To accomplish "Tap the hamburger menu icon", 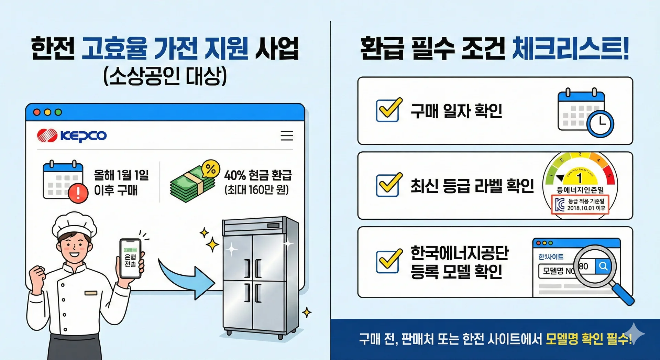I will (287, 135).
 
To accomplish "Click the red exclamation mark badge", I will (78, 193).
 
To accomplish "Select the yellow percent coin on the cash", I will (210, 169).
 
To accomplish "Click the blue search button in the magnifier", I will (603, 266).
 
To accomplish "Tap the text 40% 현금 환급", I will (258, 175).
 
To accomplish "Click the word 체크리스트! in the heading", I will (571, 49).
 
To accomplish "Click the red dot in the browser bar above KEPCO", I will (37, 112).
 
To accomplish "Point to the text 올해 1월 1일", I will (121, 175).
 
